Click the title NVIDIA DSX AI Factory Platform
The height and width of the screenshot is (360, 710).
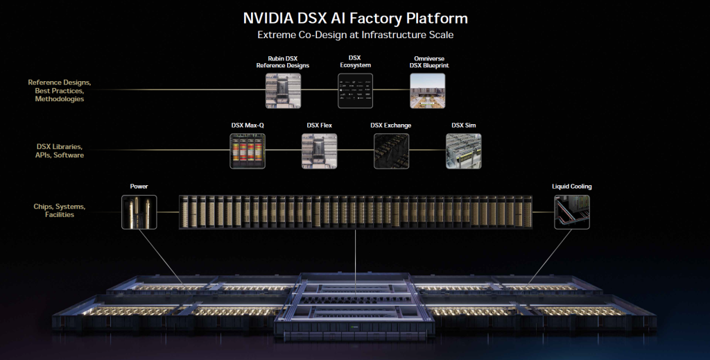click(355, 17)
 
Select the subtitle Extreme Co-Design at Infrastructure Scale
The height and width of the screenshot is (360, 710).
click(355, 35)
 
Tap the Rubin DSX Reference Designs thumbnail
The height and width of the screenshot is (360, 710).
click(283, 90)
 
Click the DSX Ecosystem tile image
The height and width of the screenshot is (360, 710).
click(355, 90)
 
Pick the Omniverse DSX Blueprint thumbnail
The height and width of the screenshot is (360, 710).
click(427, 90)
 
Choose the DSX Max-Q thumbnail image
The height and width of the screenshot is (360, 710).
click(248, 151)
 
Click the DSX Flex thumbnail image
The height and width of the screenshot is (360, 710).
click(319, 151)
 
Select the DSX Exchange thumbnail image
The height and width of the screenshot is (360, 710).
click(391, 151)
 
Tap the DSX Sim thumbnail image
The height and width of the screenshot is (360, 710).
click(463, 151)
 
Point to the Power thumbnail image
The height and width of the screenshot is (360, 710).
click(139, 212)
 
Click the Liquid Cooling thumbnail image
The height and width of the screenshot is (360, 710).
click(571, 212)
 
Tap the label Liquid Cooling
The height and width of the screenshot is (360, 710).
click(571, 187)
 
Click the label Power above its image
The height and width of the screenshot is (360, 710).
click(139, 187)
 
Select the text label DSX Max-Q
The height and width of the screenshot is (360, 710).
click(248, 126)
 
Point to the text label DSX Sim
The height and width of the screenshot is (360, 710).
click(463, 126)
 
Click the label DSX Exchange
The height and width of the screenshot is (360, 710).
click(391, 126)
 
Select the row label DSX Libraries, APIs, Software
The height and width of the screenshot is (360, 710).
click(60, 151)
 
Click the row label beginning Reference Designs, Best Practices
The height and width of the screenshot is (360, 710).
click(60, 90)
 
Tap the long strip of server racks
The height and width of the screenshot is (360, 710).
click(355, 212)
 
